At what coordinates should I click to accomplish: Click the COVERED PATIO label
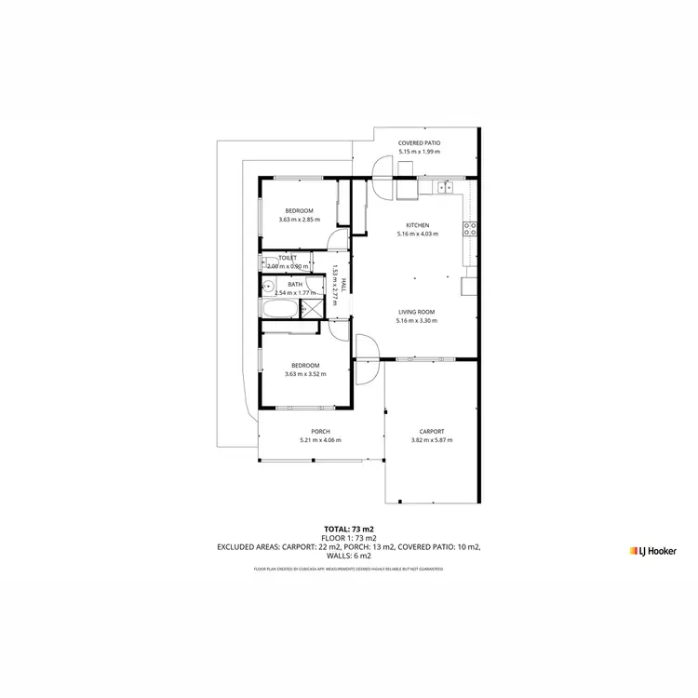tap(418, 143)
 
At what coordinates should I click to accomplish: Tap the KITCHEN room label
tap(417, 225)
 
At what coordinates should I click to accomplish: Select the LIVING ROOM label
tap(416, 312)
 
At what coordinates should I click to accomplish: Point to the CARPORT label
tap(431, 431)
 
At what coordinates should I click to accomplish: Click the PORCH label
tap(321, 431)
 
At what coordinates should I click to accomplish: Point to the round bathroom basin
tap(266, 288)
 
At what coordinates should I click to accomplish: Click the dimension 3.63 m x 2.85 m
tap(300, 220)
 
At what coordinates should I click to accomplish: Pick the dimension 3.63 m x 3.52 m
tap(305, 374)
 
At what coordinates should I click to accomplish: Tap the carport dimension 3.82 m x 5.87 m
tap(431, 440)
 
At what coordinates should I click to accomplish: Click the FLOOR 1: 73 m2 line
tap(349, 538)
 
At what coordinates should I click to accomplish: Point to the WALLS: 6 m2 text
tap(349, 557)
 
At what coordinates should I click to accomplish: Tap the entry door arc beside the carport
tap(367, 348)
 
